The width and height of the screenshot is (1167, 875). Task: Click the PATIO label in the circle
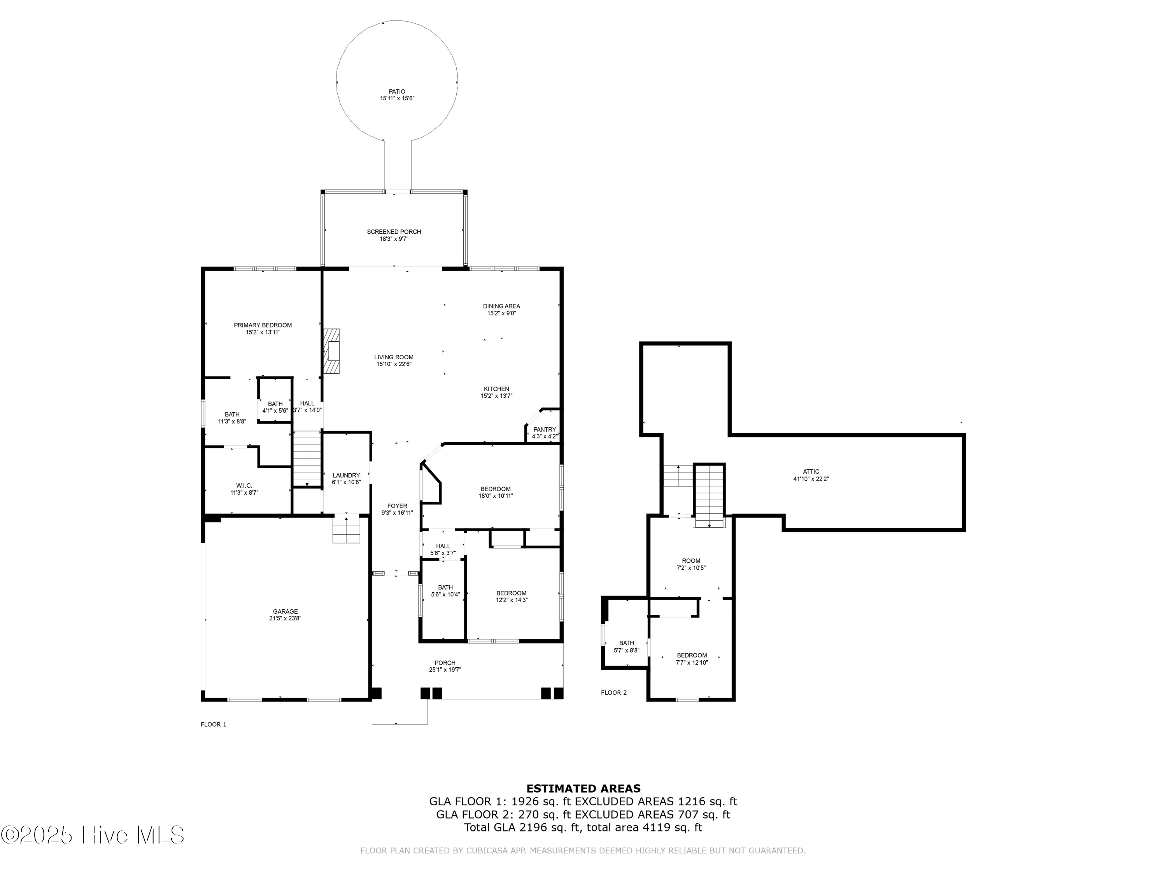(x=397, y=92)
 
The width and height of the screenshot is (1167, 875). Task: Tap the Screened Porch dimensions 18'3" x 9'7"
(x=394, y=239)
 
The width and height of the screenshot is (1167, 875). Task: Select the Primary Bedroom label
(x=263, y=325)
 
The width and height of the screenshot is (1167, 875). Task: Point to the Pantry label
(x=545, y=429)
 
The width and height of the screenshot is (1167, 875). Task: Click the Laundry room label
(x=346, y=475)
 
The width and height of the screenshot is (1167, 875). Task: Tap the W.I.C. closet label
(x=244, y=485)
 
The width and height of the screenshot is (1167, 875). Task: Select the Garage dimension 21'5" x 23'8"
(x=285, y=619)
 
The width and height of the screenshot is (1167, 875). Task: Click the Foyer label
(x=397, y=506)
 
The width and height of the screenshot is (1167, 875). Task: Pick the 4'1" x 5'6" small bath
(x=275, y=407)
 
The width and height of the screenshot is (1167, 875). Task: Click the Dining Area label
(x=501, y=306)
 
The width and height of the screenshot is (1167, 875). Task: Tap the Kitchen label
(x=496, y=389)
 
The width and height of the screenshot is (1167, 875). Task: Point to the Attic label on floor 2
(x=811, y=471)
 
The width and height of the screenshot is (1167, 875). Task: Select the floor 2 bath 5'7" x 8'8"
(x=626, y=647)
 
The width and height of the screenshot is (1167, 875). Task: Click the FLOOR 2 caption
(x=613, y=693)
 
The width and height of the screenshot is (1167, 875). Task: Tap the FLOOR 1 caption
(x=213, y=724)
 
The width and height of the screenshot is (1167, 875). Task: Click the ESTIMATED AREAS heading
(x=583, y=789)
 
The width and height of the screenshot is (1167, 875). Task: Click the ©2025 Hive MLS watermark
(x=92, y=835)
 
